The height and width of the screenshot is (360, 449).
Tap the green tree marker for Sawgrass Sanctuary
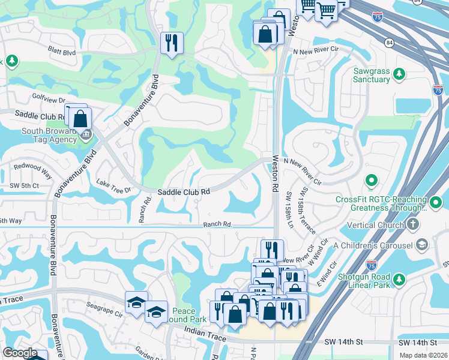pos(399,74)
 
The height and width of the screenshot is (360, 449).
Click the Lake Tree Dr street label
pos(113,187)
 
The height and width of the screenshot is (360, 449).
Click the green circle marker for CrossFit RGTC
pos(371,180)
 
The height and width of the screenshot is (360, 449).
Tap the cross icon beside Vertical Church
pos(412,224)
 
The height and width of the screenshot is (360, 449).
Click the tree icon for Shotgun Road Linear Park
pos(399,278)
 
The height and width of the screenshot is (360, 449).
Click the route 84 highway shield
pos(391,43)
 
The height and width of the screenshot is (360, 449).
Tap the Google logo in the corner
pos(20,353)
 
